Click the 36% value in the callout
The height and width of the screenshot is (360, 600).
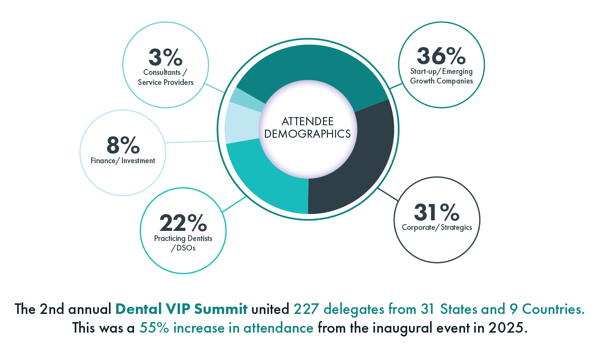coord(441,56)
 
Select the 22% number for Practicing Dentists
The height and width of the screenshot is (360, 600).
coord(183,223)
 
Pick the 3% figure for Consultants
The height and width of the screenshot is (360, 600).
coord(166,58)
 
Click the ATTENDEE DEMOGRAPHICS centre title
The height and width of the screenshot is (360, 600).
coord(307,128)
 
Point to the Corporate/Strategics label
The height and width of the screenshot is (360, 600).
coord(437,228)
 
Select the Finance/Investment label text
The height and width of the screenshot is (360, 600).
coord(123,161)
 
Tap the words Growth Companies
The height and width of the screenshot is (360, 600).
coord(441,81)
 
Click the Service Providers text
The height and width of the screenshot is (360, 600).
coord(166,82)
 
